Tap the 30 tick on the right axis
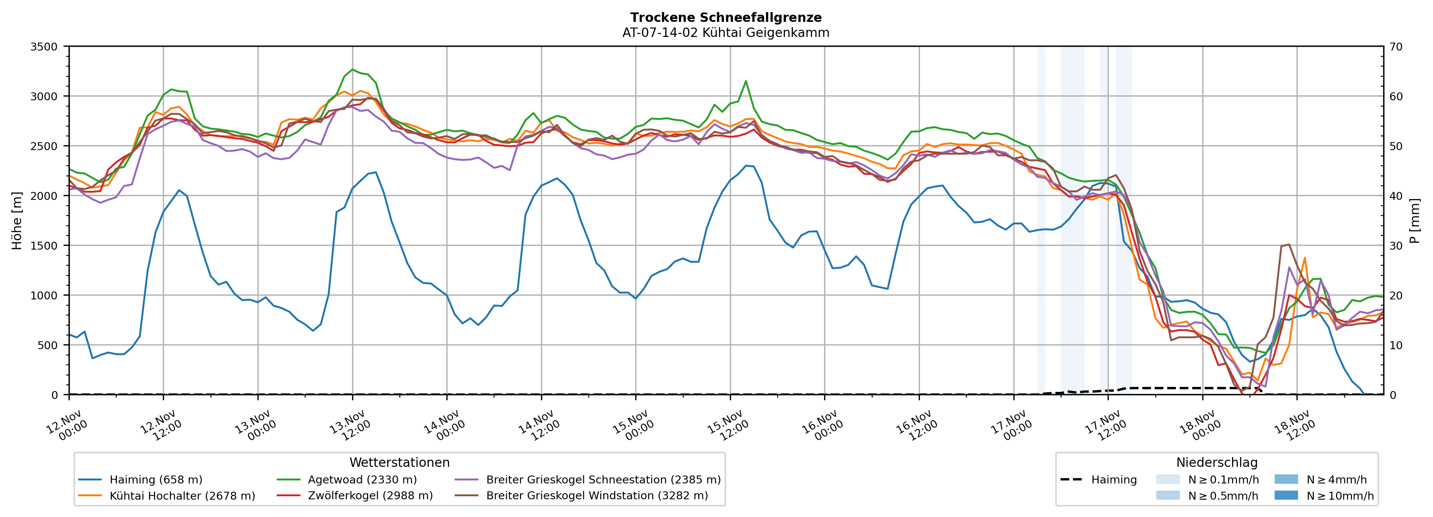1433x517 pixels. click(1396, 245)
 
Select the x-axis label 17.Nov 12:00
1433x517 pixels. click(1104, 426)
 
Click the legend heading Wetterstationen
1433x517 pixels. click(399, 462)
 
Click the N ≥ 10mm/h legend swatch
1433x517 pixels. click(1286, 495)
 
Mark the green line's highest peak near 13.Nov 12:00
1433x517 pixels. click(352, 69)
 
